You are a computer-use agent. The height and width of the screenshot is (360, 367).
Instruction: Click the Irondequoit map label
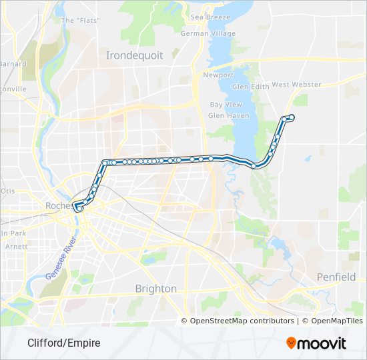[x=135, y=56]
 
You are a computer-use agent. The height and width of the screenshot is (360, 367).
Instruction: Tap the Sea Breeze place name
[x=210, y=17]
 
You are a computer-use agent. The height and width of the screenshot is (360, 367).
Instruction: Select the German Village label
[x=208, y=33]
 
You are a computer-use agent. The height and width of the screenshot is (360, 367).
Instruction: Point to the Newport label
[x=219, y=75]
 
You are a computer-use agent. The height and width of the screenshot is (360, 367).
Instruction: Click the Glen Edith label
[x=250, y=87]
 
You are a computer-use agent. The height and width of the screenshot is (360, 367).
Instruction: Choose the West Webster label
[x=296, y=85]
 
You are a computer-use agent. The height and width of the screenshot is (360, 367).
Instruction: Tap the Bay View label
[x=226, y=105]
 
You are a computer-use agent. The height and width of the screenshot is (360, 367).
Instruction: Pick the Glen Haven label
[x=228, y=115]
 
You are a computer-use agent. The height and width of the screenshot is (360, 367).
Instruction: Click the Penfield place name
[x=336, y=277]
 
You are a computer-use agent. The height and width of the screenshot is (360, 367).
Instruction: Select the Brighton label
[x=156, y=289]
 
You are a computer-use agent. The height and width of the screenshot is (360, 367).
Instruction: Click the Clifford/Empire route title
[x=64, y=343]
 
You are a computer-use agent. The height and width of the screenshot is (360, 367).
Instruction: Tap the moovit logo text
[x=322, y=343]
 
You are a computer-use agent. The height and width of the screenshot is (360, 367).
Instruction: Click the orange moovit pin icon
[x=292, y=343]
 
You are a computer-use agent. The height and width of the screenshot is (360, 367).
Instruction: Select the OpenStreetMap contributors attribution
[x=242, y=321]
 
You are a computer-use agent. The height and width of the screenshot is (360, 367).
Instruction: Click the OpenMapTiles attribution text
[x=332, y=321]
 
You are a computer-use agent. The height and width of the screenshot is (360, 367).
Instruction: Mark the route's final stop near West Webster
[x=292, y=118]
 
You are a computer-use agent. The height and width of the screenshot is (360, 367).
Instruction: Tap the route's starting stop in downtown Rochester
[x=79, y=208]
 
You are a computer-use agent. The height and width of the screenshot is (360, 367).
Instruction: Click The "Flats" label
[x=81, y=20]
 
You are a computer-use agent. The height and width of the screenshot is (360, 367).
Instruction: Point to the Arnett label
[x=15, y=246]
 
